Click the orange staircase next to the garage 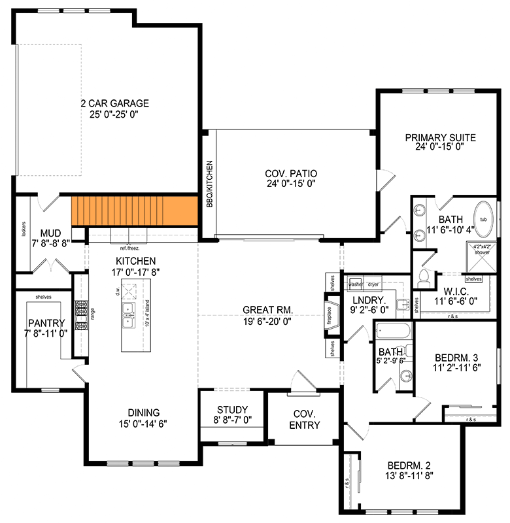[134, 211]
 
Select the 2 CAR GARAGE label [114, 103]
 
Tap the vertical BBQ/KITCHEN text [209, 184]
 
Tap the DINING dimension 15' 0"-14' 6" [144, 423]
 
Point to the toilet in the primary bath [422, 278]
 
